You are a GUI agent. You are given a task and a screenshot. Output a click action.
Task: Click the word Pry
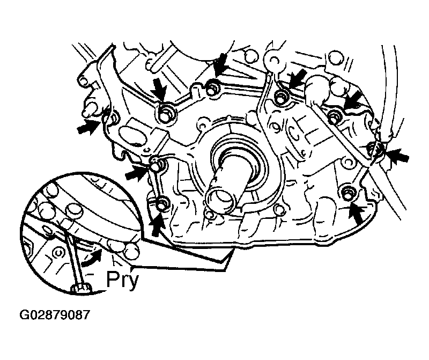click(122, 280)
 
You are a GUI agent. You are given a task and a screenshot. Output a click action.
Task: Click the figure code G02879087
click(55, 315)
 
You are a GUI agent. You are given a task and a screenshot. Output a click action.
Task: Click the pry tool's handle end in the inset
click(82, 288)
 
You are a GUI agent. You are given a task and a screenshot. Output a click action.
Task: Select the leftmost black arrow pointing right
click(88, 127)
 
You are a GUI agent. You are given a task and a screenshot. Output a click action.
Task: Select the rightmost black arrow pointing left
click(398, 157)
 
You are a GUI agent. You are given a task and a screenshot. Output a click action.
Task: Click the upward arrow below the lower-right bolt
click(357, 212)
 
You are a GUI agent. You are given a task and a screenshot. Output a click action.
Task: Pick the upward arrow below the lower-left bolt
click(158, 225)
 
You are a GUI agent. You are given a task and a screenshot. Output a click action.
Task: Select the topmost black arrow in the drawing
click(220, 65)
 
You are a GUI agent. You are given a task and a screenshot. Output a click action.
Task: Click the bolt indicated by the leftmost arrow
click(112, 118)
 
